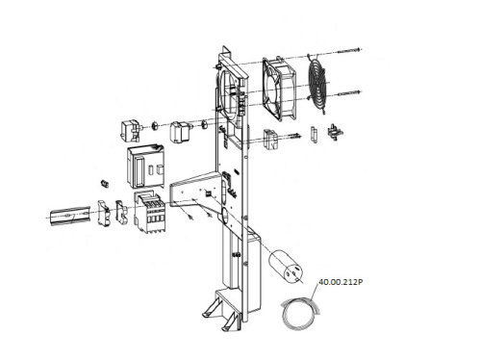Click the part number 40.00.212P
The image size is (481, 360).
tap(341, 282)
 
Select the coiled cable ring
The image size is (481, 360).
tap(284, 316)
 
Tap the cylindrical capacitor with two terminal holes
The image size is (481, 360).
tap(285, 266)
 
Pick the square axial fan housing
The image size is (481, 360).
tap(279, 89)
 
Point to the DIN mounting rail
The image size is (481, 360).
tap(70, 216)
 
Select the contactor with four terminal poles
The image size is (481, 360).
tap(150, 213)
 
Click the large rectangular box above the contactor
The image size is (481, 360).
tap(146, 167)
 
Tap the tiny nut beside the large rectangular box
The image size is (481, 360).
tap(105, 184)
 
